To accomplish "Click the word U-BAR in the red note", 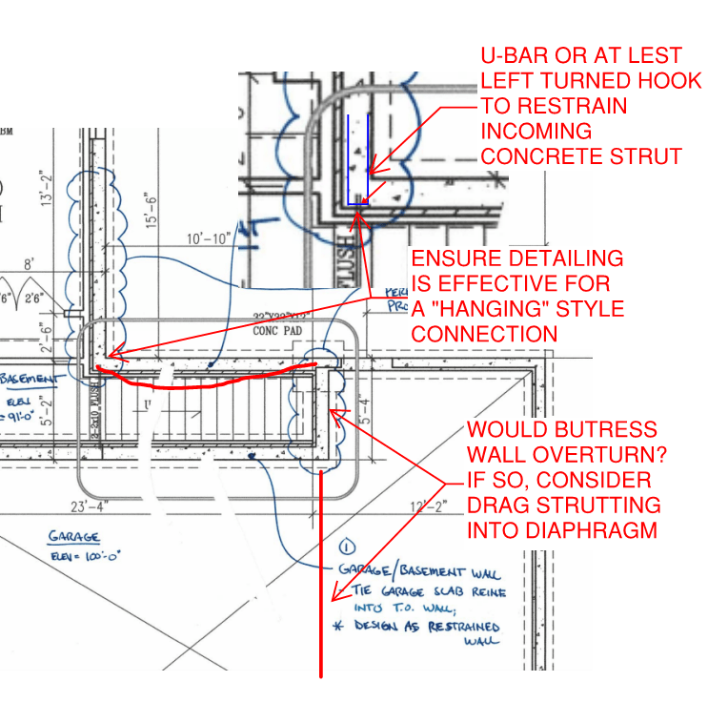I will pos(516,56).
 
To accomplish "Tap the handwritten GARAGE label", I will pos(75,537).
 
